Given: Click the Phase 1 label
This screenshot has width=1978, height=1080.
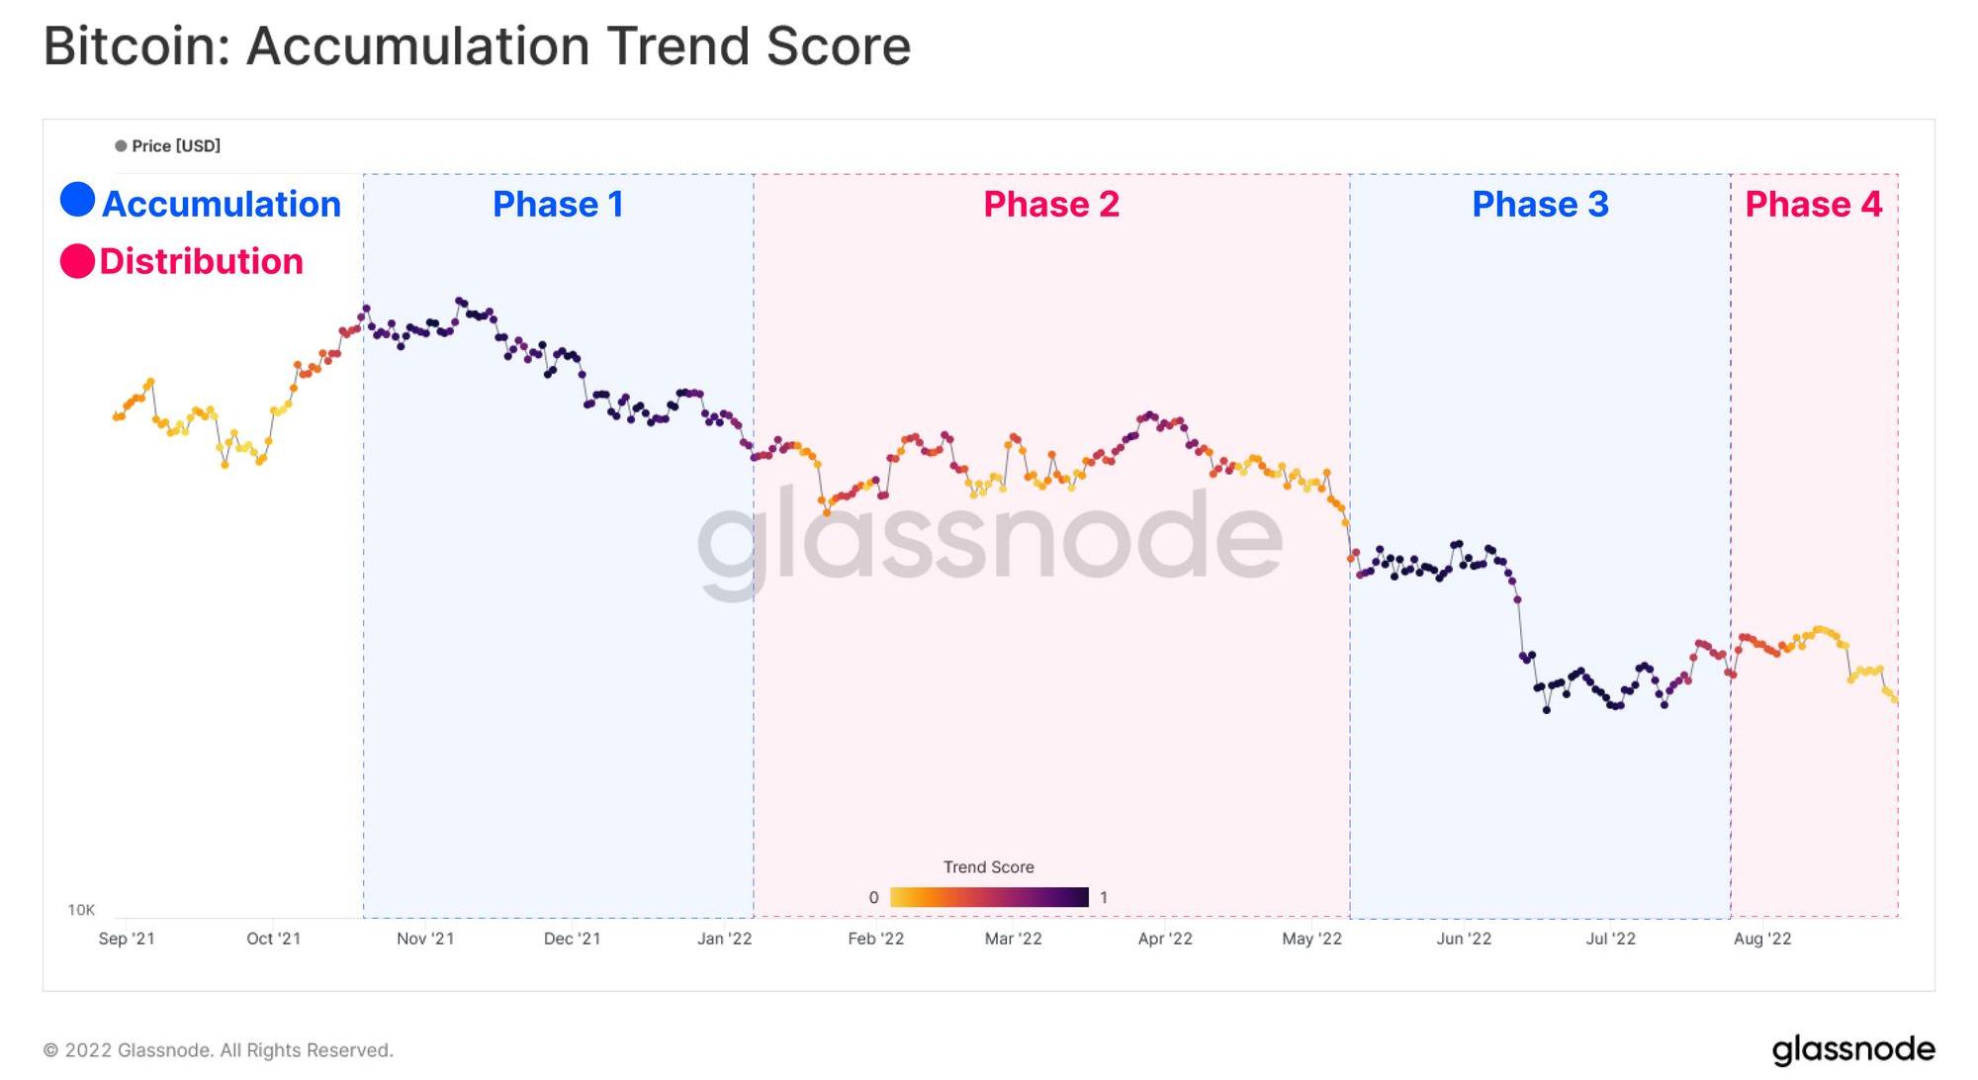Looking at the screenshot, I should (558, 204).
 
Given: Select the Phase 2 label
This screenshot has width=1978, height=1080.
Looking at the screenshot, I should (1051, 204).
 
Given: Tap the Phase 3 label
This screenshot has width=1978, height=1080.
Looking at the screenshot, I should (1540, 204).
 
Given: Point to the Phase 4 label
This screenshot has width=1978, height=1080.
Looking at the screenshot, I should (1813, 204).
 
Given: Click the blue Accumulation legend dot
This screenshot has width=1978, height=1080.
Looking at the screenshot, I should (77, 200).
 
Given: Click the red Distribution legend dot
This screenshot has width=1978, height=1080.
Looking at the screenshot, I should (77, 261).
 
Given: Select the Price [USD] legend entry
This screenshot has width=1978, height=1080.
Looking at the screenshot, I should (168, 146).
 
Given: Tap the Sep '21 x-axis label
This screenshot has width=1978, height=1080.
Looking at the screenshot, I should (127, 939).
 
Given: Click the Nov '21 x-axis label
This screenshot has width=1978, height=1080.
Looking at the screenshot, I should (425, 939).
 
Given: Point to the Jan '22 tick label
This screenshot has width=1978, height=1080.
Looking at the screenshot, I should (724, 939).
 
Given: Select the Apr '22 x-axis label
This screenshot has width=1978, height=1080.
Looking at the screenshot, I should (1165, 939).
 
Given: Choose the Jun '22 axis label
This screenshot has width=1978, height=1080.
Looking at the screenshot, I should (1464, 939).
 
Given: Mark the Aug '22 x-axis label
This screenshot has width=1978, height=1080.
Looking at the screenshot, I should (1762, 939).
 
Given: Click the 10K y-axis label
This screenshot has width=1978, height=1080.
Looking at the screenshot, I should (81, 910).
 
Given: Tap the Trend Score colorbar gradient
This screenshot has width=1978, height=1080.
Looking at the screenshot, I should (989, 897).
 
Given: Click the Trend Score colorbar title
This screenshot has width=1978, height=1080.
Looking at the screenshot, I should (988, 867).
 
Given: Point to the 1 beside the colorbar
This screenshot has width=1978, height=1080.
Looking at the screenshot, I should (1104, 898).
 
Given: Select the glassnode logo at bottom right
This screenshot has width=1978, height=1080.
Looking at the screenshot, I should (1852, 1049).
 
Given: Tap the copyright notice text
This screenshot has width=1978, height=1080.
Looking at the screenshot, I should (218, 1050).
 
